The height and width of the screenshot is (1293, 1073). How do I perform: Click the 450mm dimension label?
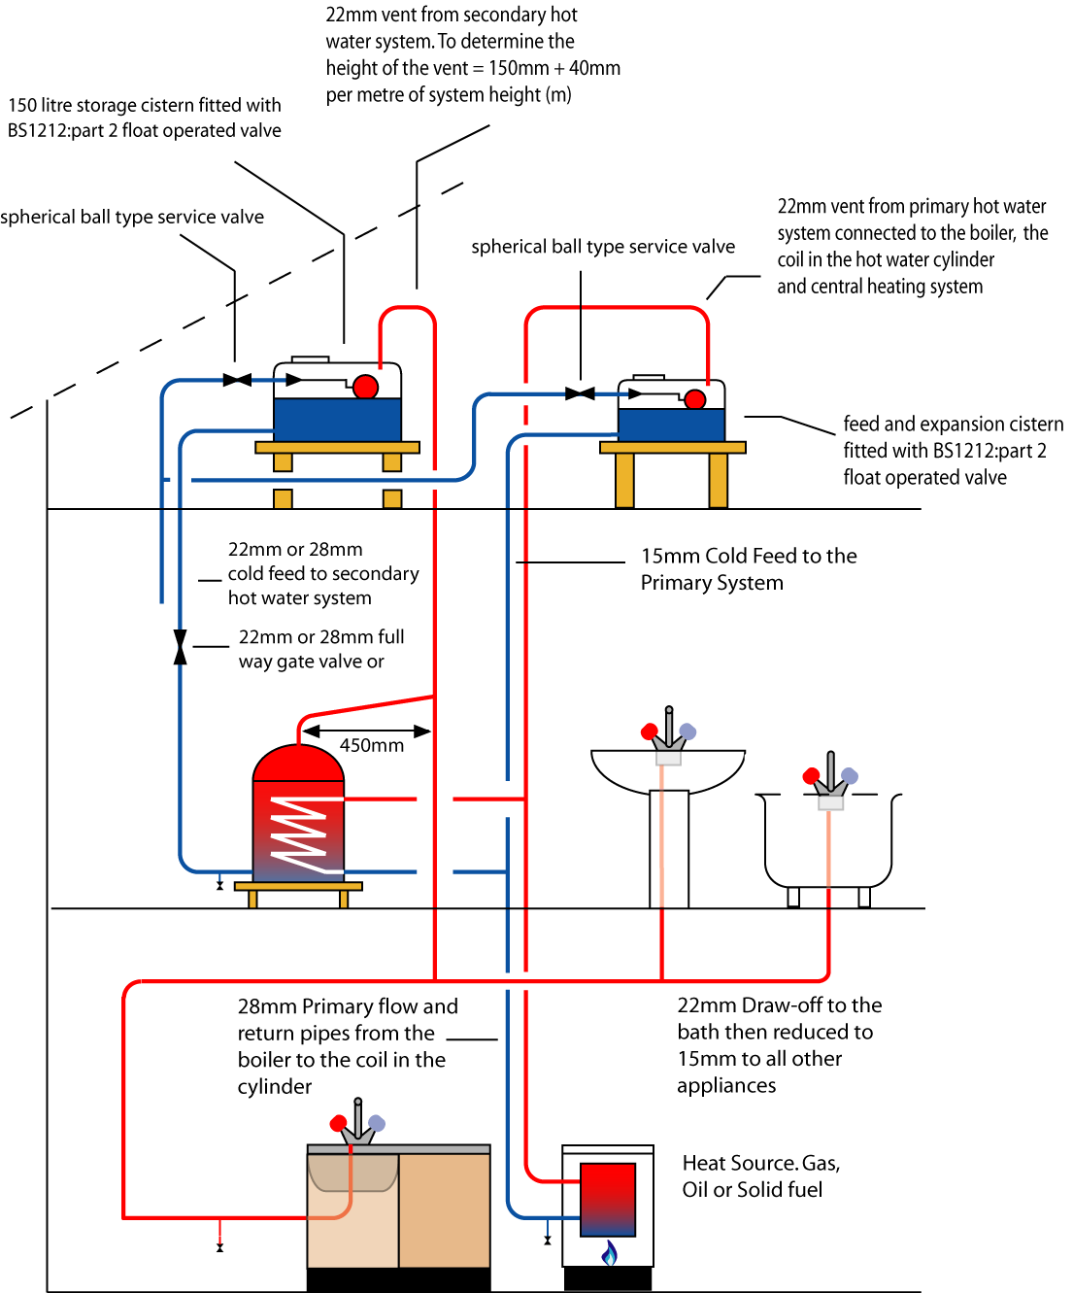pos(371,746)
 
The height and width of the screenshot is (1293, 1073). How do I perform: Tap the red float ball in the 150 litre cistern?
pos(365,387)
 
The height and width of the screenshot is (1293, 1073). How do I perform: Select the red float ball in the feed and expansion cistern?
pos(695,399)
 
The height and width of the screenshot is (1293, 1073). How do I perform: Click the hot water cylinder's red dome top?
pos(298,764)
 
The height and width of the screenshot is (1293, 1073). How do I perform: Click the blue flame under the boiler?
pos(609,1253)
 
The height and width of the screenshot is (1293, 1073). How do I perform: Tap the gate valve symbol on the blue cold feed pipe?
pos(180,647)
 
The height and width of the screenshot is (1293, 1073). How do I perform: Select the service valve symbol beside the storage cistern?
pos(237,380)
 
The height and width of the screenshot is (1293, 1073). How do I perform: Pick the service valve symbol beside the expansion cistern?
pos(580,393)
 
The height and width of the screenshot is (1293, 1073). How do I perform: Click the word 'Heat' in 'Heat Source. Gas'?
pos(704,1164)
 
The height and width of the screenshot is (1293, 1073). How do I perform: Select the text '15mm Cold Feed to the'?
pos(749,557)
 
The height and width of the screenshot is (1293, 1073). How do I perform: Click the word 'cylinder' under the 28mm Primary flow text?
pos(275,1087)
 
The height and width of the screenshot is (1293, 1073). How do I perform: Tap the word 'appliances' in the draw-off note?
pos(726,1086)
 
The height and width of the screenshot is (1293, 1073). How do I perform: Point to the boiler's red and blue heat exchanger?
pos(608,1199)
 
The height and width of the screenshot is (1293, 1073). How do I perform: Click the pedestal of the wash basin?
pos(669,848)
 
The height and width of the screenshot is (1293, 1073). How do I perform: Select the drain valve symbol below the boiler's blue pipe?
pos(548,1240)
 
